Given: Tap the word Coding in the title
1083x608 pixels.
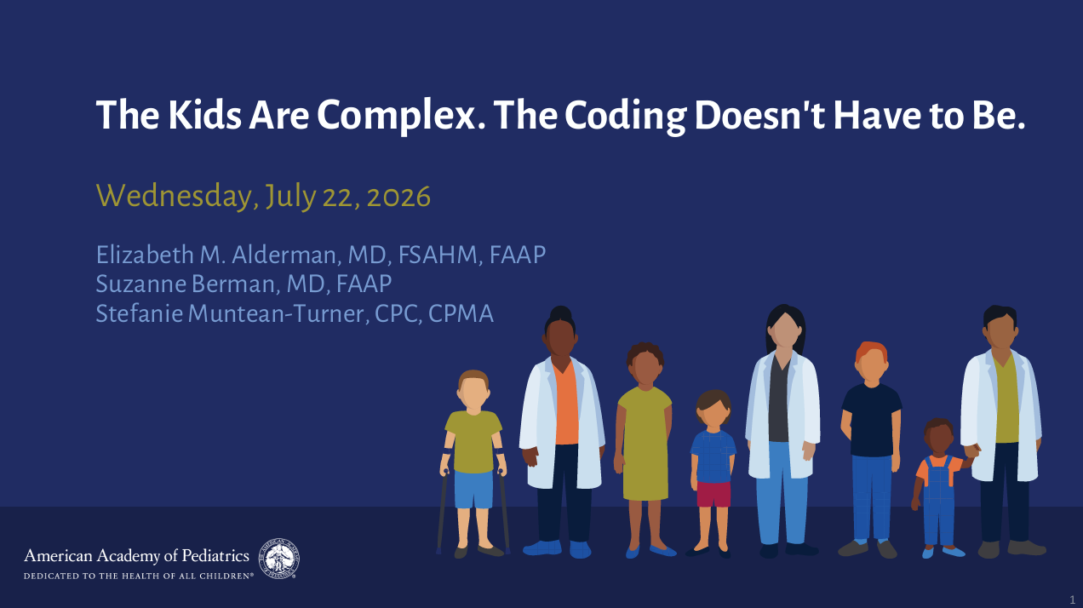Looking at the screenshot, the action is click(625, 116).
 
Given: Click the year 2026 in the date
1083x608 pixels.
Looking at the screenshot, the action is click(398, 197).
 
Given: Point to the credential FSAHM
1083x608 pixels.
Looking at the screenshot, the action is click(438, 255).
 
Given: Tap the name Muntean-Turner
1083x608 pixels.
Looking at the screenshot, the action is click(276, 313).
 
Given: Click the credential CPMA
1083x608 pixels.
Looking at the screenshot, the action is click(461, 313).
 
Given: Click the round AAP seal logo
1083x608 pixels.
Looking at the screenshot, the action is click(278, 559).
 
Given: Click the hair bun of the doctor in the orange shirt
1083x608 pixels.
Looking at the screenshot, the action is click(560, 313).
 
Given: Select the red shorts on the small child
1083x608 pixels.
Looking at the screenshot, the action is click(713, 494).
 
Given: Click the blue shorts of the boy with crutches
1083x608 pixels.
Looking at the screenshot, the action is click(473, 489).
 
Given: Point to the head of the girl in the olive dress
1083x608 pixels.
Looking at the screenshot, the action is click(645, 365).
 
